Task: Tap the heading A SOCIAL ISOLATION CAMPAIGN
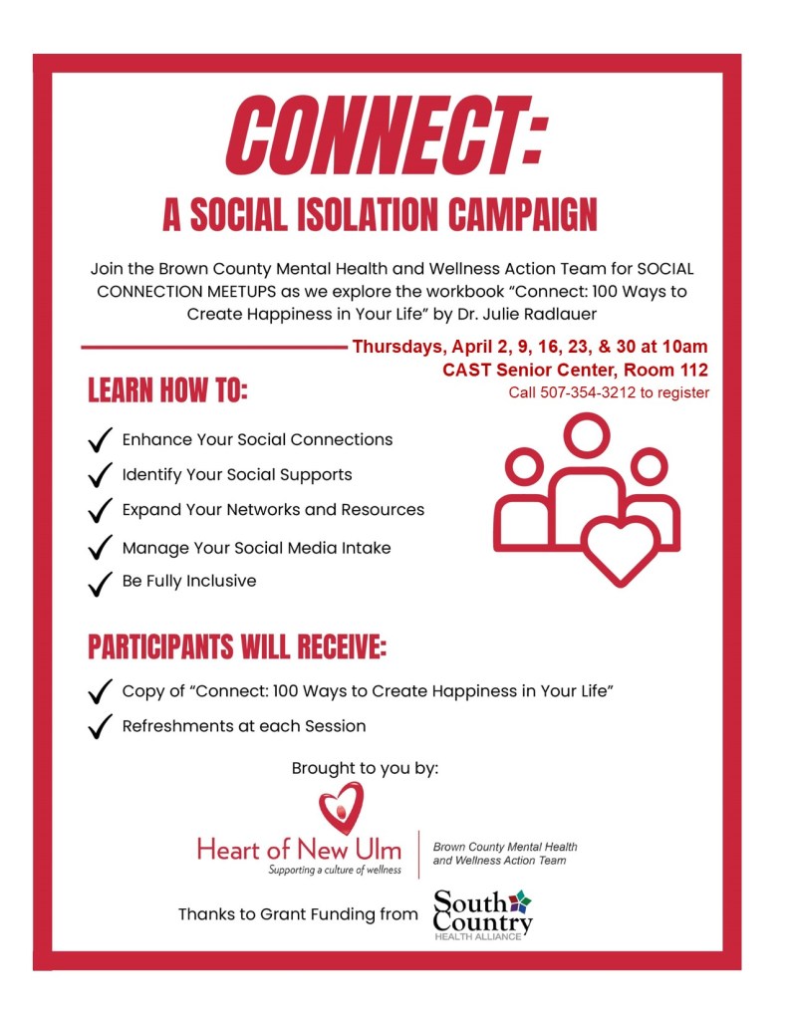point(380,214)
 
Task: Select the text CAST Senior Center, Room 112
point(575,371)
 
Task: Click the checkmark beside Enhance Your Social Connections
point(100,441)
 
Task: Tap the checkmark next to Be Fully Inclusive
point(100,583)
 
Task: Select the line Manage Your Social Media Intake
point(256,547)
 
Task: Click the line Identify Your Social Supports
point(236,474)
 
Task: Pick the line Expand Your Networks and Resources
point(273,510)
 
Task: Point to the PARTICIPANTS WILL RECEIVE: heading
point(237,646)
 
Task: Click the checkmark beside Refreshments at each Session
point(100,728)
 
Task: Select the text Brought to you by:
point(365,768)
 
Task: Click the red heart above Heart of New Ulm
point(341,808)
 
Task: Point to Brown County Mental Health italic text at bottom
point(504,847)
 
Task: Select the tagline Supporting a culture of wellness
point(333,870)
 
